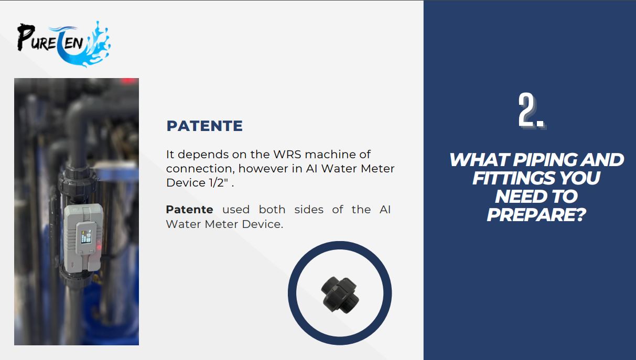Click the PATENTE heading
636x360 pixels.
[204, 126]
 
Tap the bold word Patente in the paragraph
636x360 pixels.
[189, 210]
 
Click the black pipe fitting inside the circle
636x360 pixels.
[340, 295]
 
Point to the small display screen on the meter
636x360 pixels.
[87, 236]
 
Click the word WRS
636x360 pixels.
[287, 155]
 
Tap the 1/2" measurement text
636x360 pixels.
[218, 183]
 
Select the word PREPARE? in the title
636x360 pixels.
[536, 215]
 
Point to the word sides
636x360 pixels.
[309, 210]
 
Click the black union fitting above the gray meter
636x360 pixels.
[77, 181]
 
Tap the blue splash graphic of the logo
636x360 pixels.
[85, 46]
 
